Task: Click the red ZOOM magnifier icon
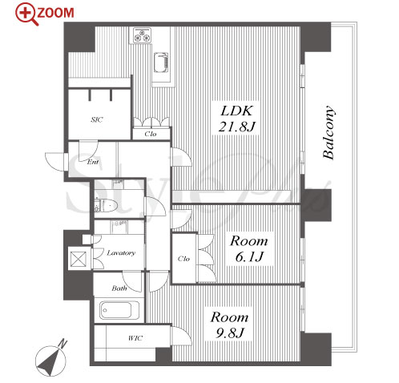point(26,14)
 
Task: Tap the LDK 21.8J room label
point(236,119)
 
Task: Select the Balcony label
point(328,133)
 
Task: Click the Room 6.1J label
point(249,249)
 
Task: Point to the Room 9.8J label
point(229,325)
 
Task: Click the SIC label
point(97,119)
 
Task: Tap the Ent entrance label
point(93,162)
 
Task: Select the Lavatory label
point(121,252)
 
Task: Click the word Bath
point(119,288)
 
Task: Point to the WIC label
point(135,338)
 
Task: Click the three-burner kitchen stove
point(141,35)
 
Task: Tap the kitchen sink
point(161,62)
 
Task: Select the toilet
point(106,205)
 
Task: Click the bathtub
point(119,310)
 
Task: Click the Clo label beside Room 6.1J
point(184,259)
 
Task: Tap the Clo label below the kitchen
point(151,134)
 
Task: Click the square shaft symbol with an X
point(78,259)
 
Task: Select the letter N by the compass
point(63,344)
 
